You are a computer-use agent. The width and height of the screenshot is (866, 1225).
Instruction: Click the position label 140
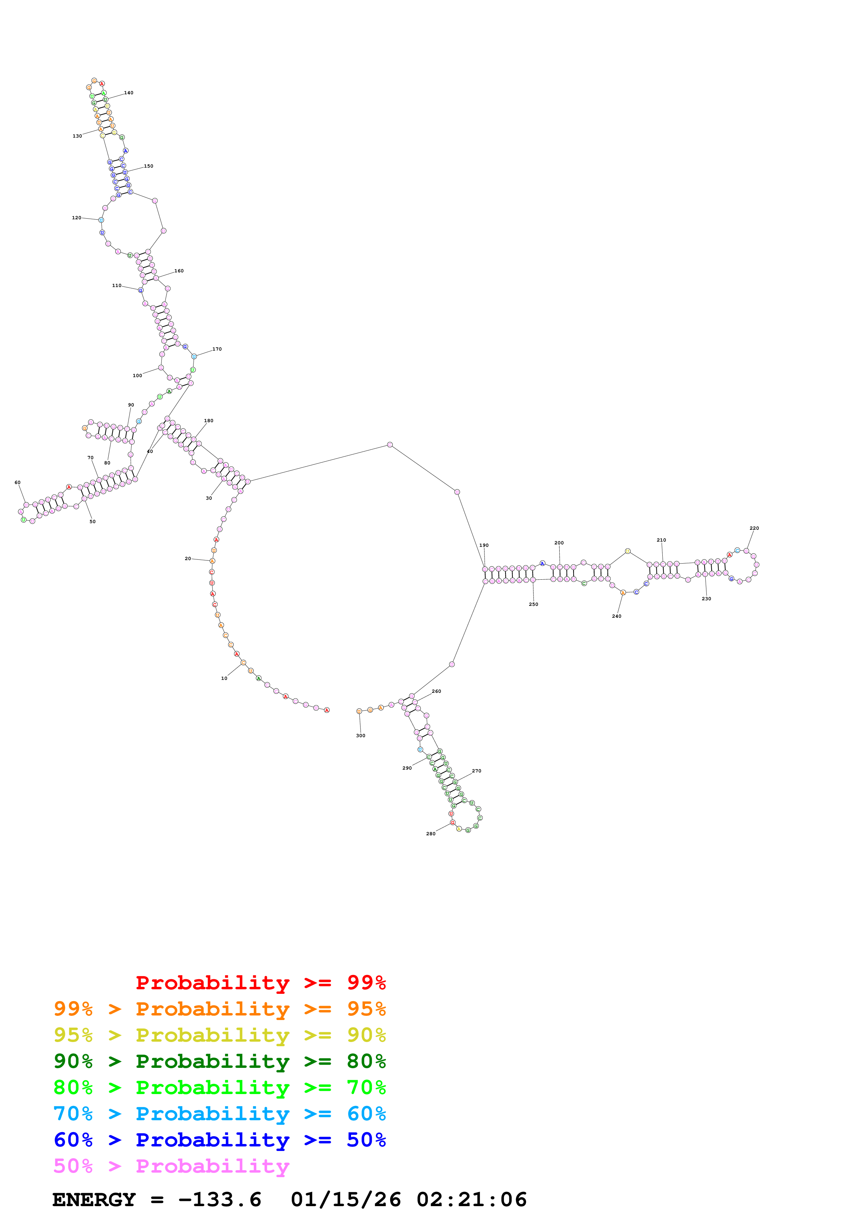pos(129,93)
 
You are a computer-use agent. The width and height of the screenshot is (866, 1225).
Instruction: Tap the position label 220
pos(754,528)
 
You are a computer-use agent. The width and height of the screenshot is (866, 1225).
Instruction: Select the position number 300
pos(361,736)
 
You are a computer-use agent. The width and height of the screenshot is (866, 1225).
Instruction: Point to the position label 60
pos(17,482)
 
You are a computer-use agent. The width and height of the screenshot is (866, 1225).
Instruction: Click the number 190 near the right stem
pos(484,545)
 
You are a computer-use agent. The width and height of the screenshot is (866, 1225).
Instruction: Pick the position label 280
pos(431,834)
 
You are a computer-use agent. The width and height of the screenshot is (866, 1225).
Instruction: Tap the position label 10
pos(224,678)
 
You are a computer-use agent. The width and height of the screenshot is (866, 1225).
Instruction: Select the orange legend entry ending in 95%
pos(220,1009)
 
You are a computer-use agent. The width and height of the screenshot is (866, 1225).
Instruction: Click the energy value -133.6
pos(220,1200)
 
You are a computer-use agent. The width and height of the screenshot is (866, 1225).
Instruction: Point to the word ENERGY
pos(94,1200)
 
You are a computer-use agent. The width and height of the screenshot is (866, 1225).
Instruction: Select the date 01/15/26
pos(346,1200)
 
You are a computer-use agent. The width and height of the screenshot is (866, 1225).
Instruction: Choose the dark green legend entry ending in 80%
pos(220,1061)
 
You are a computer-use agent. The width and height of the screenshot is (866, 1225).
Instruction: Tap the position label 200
pos(559,543)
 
